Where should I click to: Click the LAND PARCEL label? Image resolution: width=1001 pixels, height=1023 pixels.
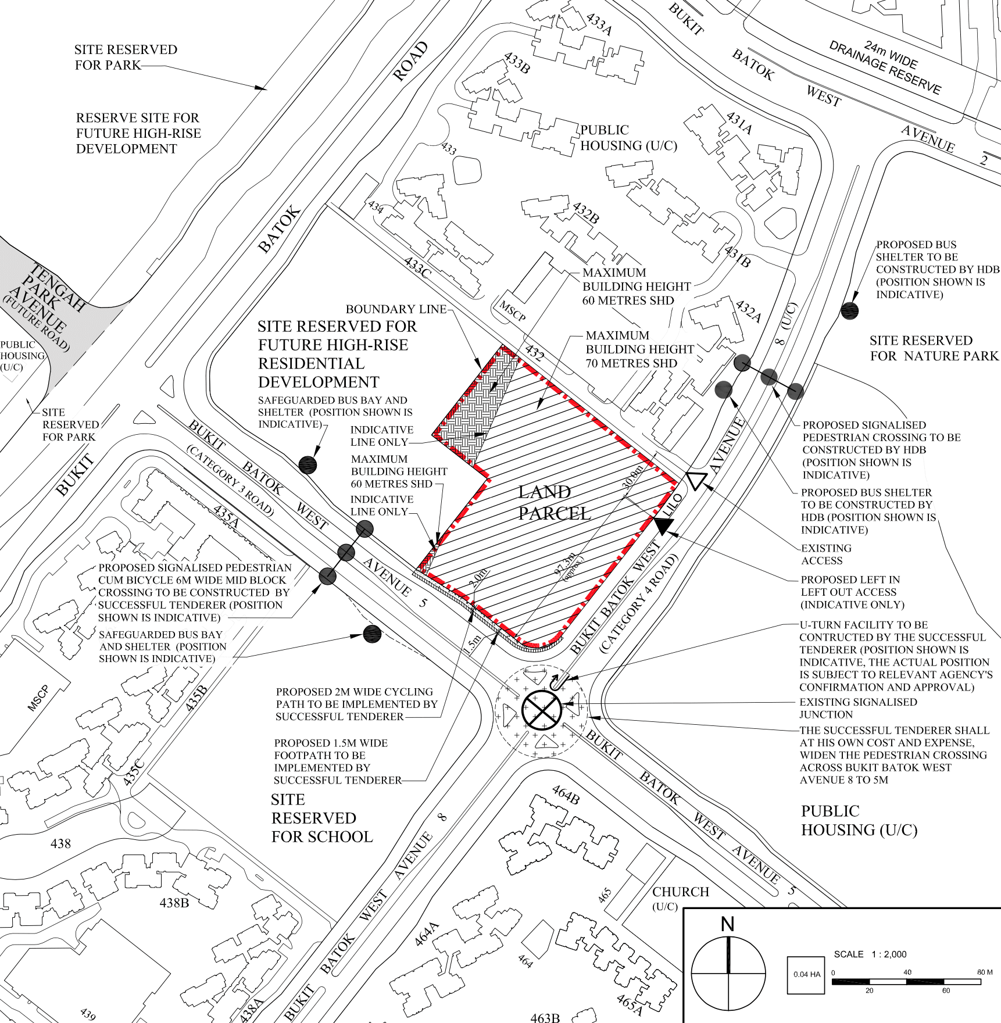tap(555, 503)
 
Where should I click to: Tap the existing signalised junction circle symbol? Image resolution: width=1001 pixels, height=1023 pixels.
tap(541, 710)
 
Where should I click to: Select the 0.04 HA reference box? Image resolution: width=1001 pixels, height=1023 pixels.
tap(806, 975)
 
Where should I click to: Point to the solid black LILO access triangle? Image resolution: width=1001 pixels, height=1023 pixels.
tap(663, 525)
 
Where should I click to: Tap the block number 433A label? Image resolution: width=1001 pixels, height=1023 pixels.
tap(599, 24)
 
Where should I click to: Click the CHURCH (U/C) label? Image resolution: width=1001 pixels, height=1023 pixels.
tap(681, 898)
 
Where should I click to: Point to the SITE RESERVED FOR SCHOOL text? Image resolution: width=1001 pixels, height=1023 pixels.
tap(321, 818)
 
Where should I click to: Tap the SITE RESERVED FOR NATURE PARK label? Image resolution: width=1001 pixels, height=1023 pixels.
tap(934, 348)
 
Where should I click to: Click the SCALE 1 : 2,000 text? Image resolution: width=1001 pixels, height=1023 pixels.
tap(870, 954)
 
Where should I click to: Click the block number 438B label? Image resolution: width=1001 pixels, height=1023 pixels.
tap(174, 903)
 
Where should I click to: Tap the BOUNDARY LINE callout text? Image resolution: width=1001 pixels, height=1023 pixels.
tap(396, 309)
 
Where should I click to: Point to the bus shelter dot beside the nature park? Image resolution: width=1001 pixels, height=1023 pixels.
tap(849, 311)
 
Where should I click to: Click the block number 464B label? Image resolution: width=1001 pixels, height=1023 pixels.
tap(566, 795)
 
